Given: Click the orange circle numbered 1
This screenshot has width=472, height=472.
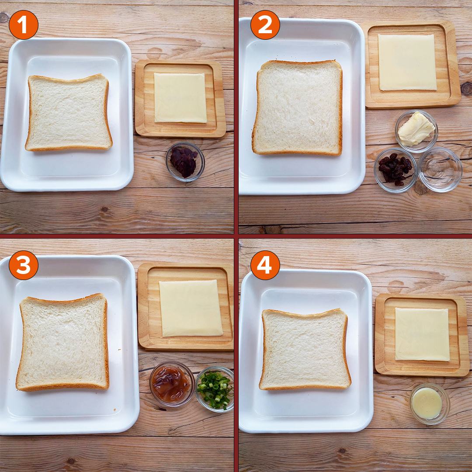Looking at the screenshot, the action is click(24, 25).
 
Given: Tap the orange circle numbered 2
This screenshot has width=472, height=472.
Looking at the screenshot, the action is click(265, 25).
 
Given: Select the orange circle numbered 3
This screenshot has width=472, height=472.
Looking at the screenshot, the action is click(24, 265).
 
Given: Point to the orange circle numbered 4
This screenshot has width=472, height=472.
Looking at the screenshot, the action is click(265, 265).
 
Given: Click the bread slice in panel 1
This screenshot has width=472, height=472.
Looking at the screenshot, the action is click(69, 113).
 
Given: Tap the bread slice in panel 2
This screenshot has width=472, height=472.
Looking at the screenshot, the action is click(298, 108).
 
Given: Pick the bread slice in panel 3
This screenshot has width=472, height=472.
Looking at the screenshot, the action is click(63, 342).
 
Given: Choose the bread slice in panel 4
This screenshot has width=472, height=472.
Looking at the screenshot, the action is click(305, 349).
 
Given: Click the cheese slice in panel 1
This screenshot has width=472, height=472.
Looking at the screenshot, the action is click(180, 98).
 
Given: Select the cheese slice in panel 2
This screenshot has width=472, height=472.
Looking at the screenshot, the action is click(407, 62).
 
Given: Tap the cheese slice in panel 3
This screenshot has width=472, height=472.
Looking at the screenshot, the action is click(191, 308).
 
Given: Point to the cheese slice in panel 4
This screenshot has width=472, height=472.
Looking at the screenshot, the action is click(422, 334).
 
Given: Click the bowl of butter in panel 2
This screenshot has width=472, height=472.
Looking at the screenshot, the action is click(416, 131).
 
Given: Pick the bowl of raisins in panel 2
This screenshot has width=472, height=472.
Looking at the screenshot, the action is click(396, 170).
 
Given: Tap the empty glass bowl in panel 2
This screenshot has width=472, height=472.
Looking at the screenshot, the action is click(440, 170).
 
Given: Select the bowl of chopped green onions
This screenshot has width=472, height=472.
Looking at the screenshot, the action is click(215, 389).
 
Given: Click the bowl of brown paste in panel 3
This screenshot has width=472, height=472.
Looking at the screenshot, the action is click(172, 384).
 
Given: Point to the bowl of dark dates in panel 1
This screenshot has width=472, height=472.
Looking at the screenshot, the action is click(185, 162).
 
